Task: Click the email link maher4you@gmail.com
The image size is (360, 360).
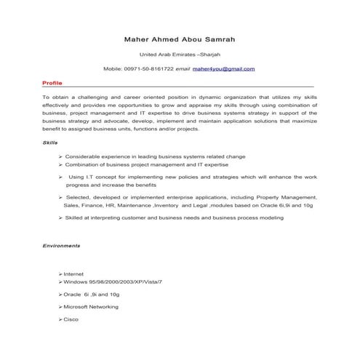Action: tap(224, 69)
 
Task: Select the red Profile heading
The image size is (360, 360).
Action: tap(52, 84)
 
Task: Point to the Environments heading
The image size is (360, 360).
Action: tap(62, 247)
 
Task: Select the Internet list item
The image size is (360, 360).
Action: tap(75, 273)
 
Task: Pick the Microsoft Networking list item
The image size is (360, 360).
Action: tap(92, 308)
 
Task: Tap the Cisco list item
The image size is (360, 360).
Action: tap(71, 320)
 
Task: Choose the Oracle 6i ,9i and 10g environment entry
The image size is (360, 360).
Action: tap(92, 294)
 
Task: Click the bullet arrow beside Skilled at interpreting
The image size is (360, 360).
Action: tap(60, 218)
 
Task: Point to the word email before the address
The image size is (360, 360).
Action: tap(182, 69)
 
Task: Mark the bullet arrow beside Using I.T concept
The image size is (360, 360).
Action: tap(60, 177)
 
